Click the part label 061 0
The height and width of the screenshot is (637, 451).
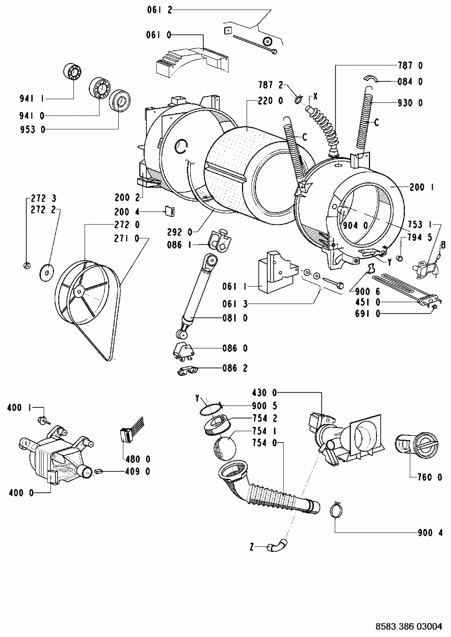[x=158, y=35]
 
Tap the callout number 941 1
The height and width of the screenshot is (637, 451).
[x=32, y=98]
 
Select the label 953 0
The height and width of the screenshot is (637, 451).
[x=32, y=130]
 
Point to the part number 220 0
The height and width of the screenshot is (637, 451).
[x=270, y=101]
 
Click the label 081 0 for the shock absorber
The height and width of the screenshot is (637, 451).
[x=235, y=318]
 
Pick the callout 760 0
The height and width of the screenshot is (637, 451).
[x=430, y=477]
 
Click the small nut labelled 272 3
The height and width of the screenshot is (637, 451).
[x=26, y=265]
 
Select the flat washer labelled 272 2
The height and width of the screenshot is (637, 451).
[x=47, y=273]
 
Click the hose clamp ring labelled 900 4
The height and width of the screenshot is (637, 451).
[x=337, y=510]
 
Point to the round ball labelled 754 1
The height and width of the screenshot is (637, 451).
[x=225, y=448]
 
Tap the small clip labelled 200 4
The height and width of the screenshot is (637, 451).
[x=170, y=211]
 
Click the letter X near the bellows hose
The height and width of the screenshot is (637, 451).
[x=315, y=96]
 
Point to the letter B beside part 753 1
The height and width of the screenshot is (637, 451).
[x=443, y=245]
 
